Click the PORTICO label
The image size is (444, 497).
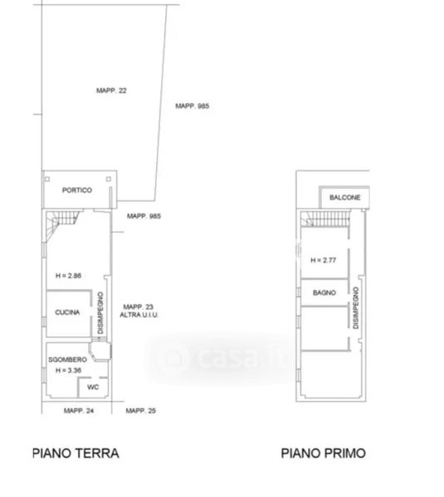(x=77, y=191)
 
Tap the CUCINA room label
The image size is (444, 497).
(x=67, y=312)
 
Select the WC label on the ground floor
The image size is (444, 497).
(x=93, y=387)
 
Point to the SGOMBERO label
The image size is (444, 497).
(x=68, y=359)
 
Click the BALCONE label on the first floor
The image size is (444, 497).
(x=345, y=197)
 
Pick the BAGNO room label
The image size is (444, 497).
(x=324, y=292)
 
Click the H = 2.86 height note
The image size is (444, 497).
(x=68, y=276)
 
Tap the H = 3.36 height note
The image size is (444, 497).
(x=68, y=370)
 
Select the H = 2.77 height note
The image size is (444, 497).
(x=324, y=260)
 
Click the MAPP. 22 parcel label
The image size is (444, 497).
(x=111, y=90)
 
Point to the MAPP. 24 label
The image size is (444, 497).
(x=79, y=411)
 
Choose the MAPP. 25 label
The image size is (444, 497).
(x=141, y=411)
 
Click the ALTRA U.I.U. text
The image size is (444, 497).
(x=139, y=315)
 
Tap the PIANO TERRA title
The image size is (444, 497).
(x=76, y=453)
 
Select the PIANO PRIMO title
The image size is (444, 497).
(x=324, y=453)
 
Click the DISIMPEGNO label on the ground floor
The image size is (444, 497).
(x=100, y=313)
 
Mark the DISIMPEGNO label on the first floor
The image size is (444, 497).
(x=356, y=308)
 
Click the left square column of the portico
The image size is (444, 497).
(x=47, y=179)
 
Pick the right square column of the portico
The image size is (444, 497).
(x=109, y=179)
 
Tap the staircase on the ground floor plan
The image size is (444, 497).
(x=62, y=222)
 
